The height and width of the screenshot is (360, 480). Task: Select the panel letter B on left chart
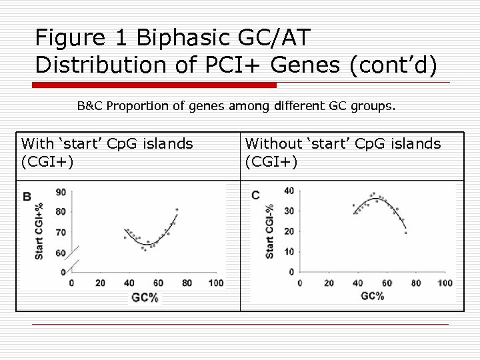pos(27,196)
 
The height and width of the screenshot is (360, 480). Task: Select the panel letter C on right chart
pos(255,195)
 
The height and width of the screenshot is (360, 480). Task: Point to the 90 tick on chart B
pos(60,193)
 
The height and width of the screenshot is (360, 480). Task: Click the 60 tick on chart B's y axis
pos(60,253)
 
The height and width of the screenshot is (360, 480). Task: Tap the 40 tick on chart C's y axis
pos(289,191)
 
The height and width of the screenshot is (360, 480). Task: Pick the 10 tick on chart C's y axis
pos(289,251)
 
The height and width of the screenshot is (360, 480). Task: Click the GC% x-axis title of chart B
pos(145,297)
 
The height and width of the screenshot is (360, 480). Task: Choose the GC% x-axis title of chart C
pos(371,295)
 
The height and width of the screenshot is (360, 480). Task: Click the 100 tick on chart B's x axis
pos(215,283)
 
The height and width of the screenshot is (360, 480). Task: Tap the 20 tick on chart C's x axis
pos(329,283)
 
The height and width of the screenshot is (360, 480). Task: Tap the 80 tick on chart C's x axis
pos(416,283)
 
